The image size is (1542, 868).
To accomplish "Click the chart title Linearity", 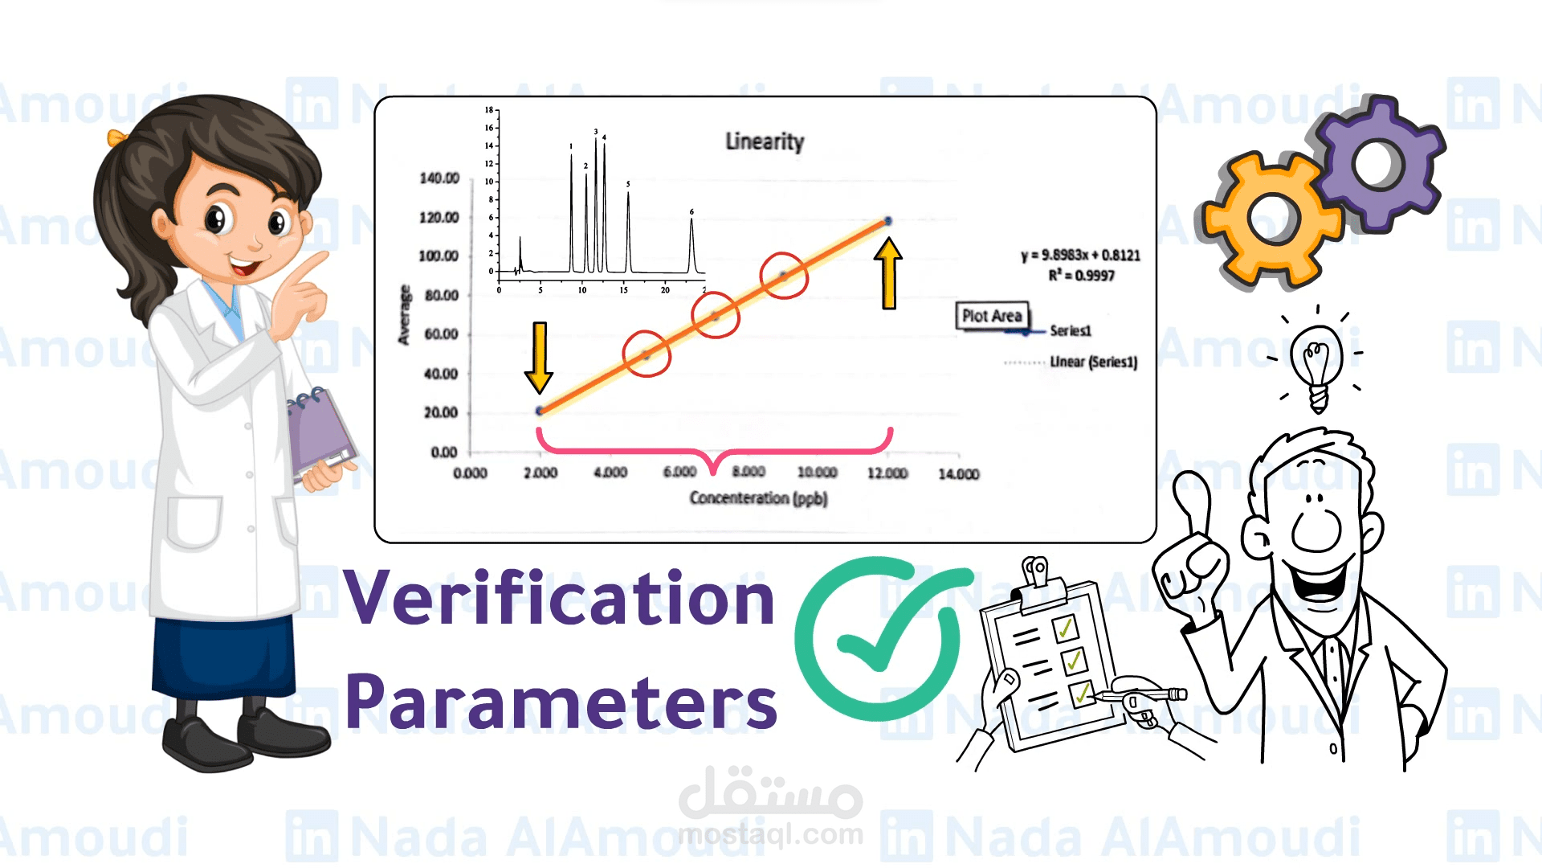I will pyautogui.click(x=765, y=141).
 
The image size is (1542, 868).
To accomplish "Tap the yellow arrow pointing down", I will pyautogui.click(x=539, y=357).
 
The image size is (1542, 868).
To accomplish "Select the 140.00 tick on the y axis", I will pyautogui.click(x=439, y=178).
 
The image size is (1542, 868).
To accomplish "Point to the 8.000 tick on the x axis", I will pyautogui.click(x=749, y=472).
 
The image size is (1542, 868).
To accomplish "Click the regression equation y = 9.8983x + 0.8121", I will pyautogui.click(x=1080, y=256).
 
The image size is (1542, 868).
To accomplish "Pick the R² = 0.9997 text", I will pyautogui.click(x=1081, y=276).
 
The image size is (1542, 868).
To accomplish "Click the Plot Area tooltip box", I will pyautogui.click(x=992, y=316).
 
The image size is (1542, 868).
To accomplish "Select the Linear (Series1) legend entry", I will pyautogui.click(x=1093, y=362).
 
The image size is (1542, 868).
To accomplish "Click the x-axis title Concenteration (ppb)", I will pyautogui.click(x=758, y=498).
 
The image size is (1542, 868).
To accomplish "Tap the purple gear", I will pyautogui.click(x=1379, y=164).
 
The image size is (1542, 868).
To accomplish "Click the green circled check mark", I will pyautogui.click(x=879, y=639).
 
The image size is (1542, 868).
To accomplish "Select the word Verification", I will pyautogui.click(x=560, y=599).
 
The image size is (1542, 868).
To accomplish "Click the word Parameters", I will pyautogui.click(x=561, y=702).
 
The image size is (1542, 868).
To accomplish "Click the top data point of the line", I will pyautogui.click(x=887, y=221).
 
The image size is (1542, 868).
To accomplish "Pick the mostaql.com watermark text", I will pyautogui.click(x=770, y=834).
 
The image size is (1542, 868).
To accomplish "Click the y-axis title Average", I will pyautogui.click(x=404, y=315).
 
